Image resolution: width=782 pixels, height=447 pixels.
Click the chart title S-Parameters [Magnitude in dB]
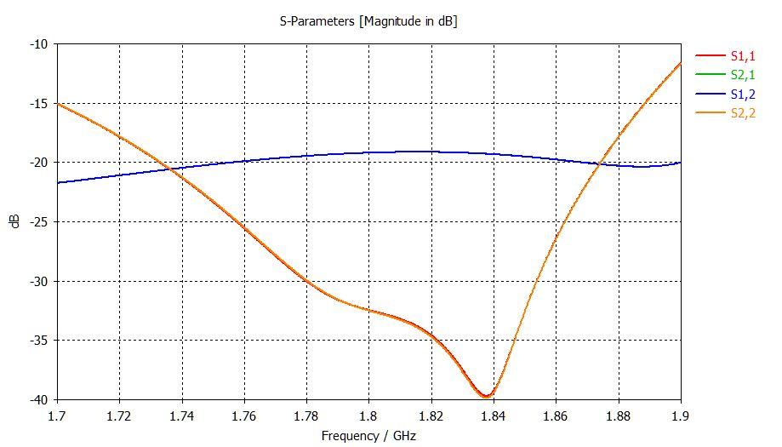tap(368, 21)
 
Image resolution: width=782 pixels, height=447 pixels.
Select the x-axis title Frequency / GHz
tap(368, 435)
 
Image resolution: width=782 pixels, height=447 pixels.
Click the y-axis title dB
tap(14, 221)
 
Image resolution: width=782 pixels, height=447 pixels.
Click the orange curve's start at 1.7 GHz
tap(57, 103)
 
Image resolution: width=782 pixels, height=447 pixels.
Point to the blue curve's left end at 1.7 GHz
tap(57, 182)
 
